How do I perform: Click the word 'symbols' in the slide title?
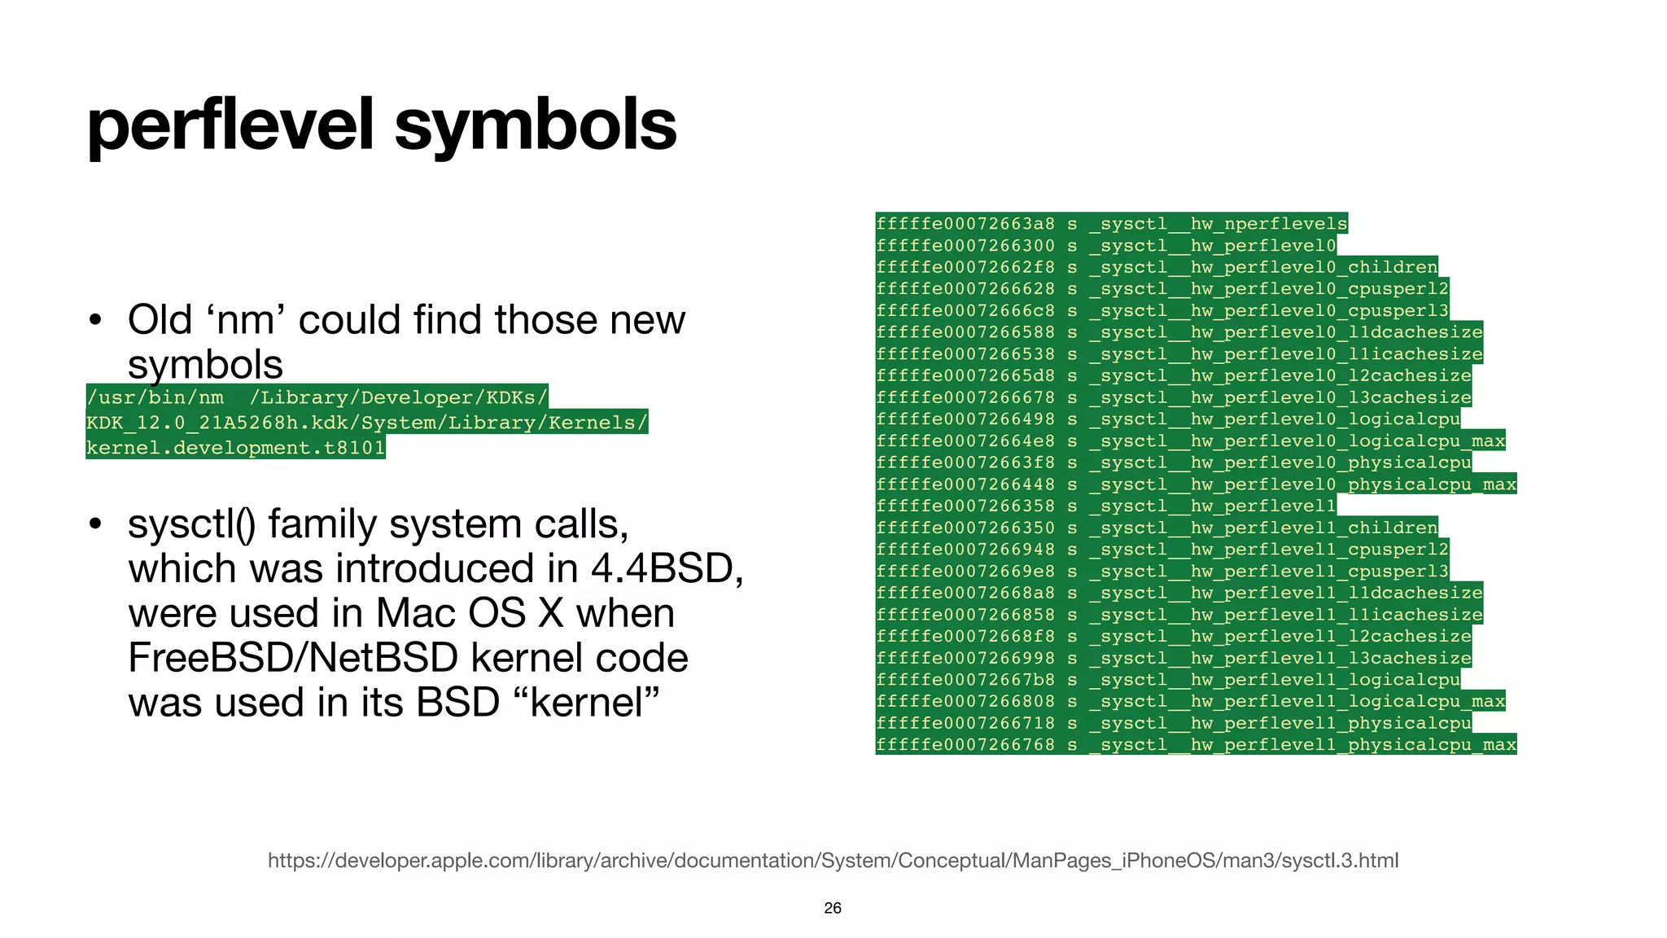coord(535,126)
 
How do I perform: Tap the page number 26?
coord(832,908)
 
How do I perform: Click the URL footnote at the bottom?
coord(833,861)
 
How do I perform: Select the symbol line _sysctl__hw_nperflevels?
coord(1219,224)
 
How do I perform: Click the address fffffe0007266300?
coord(965,246)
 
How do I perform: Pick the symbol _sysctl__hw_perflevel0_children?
coord(1264,267)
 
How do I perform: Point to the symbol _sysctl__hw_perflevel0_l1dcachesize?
coord(1286,332)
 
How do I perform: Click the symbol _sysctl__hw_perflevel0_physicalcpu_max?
coord(1302,484)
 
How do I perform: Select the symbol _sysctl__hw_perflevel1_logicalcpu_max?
coord(1297,701)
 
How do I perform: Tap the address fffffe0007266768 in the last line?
coord(965,745)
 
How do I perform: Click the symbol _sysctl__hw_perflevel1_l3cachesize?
coord(1281,658)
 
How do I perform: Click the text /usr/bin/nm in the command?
coord(155,397)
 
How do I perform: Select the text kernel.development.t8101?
coord(235,448)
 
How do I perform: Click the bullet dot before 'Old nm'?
coord(95,320)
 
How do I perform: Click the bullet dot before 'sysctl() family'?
coord(95,524)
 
